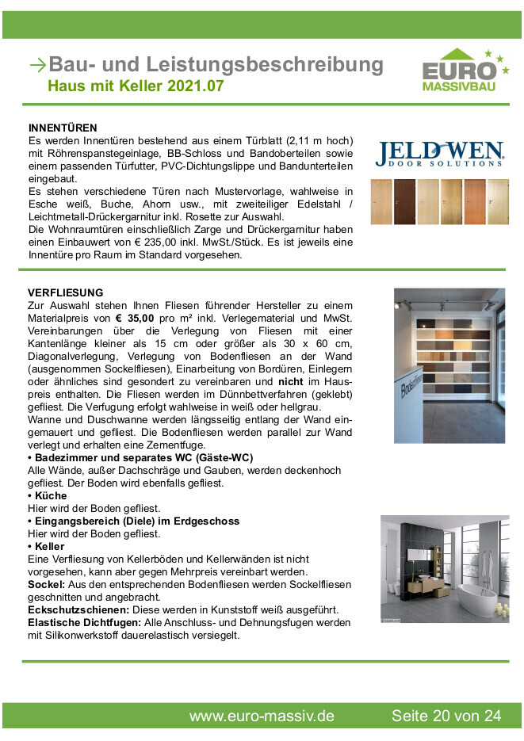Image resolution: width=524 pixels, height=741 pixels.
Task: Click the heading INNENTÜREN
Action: [63, 128]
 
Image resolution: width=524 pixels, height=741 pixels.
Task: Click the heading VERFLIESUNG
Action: [65, 292]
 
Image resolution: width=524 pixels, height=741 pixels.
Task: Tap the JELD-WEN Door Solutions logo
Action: [439, 154]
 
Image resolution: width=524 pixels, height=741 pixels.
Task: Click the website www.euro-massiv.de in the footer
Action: [261, 716]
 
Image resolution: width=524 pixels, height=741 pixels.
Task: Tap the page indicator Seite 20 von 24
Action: [446, 716]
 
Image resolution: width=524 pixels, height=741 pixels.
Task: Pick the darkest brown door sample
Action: [404, 200]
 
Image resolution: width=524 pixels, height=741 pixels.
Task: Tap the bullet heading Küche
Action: [50, 495]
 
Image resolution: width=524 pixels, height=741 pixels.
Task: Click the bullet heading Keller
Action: [49, 546]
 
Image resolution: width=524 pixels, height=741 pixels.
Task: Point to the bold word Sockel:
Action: [46, 584]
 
